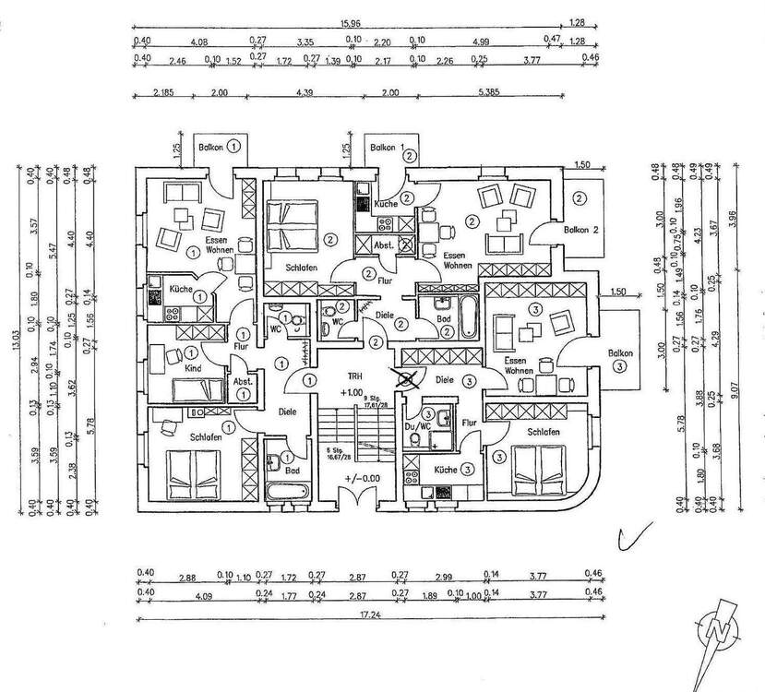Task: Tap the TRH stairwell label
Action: click(355, 376)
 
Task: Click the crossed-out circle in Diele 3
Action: click(402, 376)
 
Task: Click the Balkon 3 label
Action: click(621, 359)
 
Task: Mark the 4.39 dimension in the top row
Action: click(305, 93)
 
